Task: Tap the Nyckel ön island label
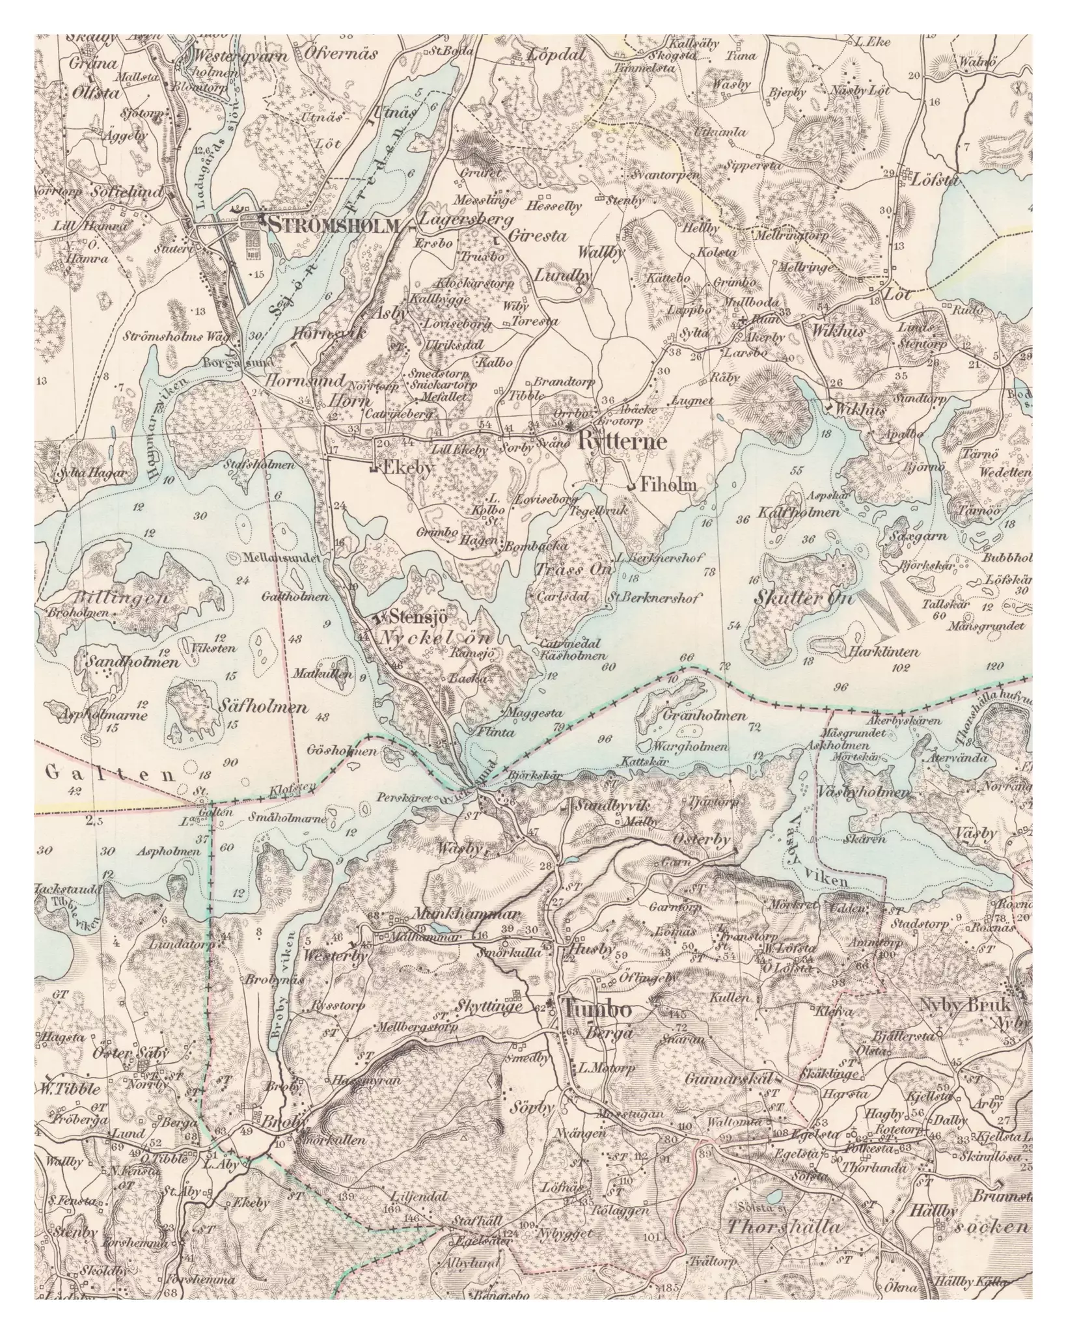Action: pos(436,637)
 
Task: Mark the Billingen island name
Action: pos(114,598)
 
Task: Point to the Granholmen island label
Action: pos(704,716)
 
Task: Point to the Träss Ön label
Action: pos(575,569)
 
